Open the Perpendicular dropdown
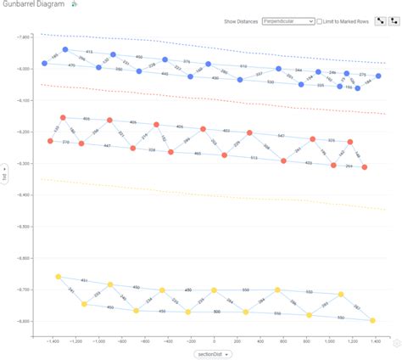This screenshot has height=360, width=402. pyautogui.click(x=289, y=20)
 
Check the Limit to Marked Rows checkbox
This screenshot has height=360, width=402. pyautogui.click(x=321, y=20)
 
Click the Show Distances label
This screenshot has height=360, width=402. pyautogui.click(x=242, y=20)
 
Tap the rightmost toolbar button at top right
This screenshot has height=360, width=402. pyautogui.click(x=393, y=19)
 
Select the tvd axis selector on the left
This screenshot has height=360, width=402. pyautogui.click(x=7, y=178)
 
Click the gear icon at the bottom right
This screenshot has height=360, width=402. pyautogui.click(x=396, y=344)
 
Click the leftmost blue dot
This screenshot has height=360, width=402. pyautogui.click(x=45, y=64)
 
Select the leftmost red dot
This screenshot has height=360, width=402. pyautogui.click(x=50, y=141)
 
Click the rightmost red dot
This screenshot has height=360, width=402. pyautogui.click(x=366, y=167)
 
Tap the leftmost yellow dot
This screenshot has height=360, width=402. pyautogui.click(x=58, y=277)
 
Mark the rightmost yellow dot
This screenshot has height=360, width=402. pyautogui.click(x=373, y=320)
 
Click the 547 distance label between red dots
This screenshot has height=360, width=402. pyautogui.click(x=281, y=136)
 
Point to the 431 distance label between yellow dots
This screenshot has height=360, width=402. pyautogui.click(x=84, y=279)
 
